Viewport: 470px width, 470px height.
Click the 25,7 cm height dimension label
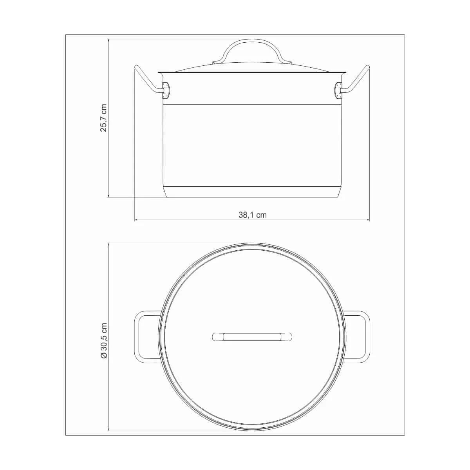point(104,118)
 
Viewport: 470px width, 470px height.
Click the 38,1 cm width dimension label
point(252,215)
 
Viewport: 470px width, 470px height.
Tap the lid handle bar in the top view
point(252,337)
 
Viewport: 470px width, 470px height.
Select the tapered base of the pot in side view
point(252,192)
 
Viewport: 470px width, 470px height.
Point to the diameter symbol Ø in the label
point(104,355)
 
